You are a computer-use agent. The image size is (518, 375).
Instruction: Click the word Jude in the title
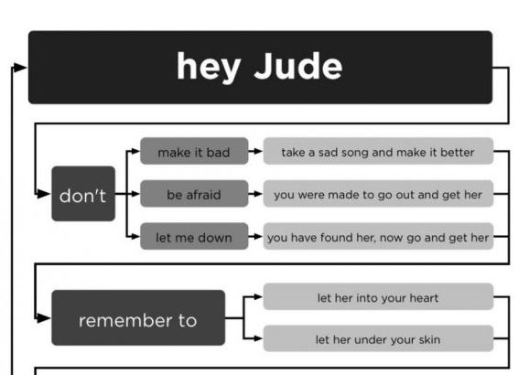pos(298,67)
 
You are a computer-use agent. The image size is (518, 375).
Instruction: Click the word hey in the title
pos(209,67)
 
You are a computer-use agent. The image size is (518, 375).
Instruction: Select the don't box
pos(83,194)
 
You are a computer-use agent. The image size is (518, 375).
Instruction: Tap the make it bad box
pos(194,151)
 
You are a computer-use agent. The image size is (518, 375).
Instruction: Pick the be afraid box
pos(194,194)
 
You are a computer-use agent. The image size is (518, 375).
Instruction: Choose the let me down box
pos(194,236)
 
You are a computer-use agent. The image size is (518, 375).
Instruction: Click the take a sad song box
pos(378,151)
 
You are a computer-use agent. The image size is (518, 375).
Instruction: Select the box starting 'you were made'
pos(378,194)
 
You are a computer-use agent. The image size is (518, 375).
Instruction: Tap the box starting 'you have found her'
pos(378,236)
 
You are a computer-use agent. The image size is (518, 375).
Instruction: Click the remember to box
pos(138,318)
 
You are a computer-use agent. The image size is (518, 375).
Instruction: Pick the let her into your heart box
pos(378,296)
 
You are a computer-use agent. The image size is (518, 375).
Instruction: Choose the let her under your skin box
pos(378,338)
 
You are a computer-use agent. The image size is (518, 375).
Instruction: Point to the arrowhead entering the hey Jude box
pos(20,68)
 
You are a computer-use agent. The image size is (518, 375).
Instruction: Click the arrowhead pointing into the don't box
pos(44,194)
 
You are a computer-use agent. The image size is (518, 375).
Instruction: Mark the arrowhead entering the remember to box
pos(44,318)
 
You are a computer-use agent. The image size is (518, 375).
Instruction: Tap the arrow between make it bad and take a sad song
pos(255,151)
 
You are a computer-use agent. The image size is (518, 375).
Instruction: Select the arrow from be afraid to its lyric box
pos(255,194)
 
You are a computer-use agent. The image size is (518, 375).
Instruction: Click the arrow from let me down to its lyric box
pos(255,236)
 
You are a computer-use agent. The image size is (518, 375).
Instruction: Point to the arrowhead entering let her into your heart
pos(258,296)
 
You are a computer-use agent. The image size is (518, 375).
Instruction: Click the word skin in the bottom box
pos(429,339)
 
